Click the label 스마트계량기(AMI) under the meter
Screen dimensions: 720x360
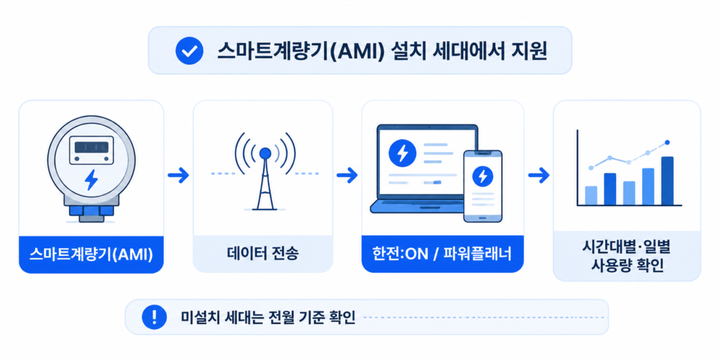91,254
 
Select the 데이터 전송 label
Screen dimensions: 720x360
263,254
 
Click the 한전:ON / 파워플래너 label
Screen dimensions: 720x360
442,254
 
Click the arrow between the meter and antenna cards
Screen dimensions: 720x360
178,174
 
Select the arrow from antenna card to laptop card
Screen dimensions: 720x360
347,174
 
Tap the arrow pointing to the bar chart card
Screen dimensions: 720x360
539,174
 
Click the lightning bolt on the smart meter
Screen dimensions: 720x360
91,180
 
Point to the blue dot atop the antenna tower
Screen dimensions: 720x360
264,153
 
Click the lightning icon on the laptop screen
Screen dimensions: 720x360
402,153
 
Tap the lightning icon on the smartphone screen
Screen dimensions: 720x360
482,175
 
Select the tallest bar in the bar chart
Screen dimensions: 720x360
667,181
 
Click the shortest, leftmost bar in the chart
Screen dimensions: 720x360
591,195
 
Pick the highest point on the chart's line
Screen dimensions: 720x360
667,142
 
